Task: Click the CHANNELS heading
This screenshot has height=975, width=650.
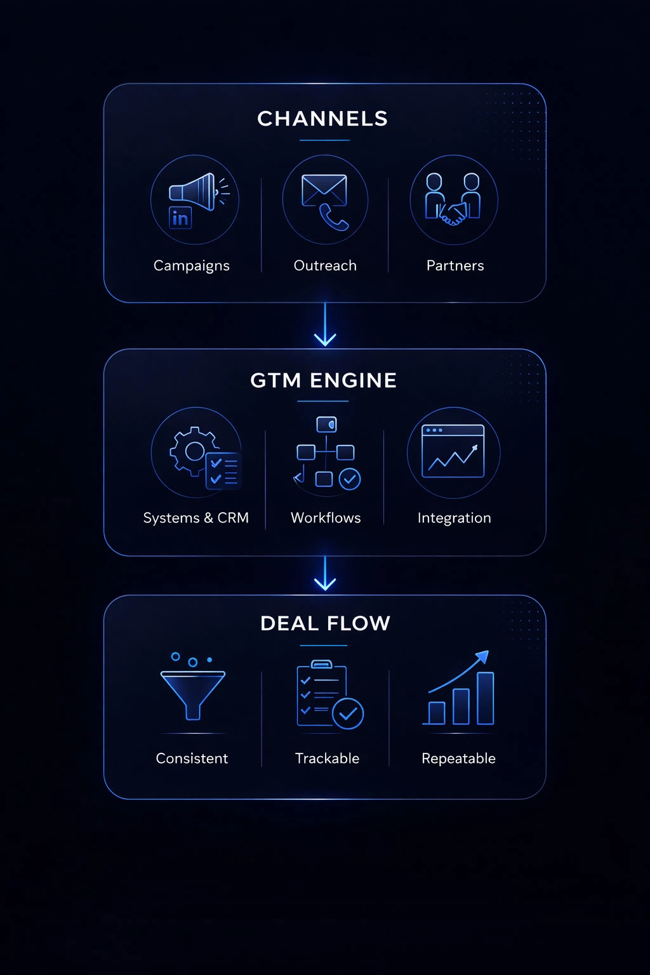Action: coord(322,119)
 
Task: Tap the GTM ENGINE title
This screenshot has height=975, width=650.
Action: coord(324,380)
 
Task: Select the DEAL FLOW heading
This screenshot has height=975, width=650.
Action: coord(325,623)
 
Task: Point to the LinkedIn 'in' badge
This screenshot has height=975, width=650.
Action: coord(180,218)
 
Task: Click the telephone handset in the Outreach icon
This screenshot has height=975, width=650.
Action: coord(334,217)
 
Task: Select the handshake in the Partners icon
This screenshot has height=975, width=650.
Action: coord(453,215)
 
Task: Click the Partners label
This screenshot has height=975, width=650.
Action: coord(455,265)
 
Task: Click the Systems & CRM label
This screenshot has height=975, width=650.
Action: coord(196,518)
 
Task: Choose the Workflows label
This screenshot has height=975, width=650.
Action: coord(326,518)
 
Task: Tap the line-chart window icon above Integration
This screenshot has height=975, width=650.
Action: coord(453,451)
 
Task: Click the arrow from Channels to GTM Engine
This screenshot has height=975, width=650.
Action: coord(325,325)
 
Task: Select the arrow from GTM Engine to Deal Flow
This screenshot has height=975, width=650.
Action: coord(325,574)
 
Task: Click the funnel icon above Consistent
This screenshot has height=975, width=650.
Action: coord(193,694)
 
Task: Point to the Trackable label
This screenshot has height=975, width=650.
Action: coord(327,759)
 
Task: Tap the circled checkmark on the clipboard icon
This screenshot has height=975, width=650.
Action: coord(348,713)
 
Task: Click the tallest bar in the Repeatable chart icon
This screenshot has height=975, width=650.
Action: coord(486,698)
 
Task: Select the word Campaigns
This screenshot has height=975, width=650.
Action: coord(192,265)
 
